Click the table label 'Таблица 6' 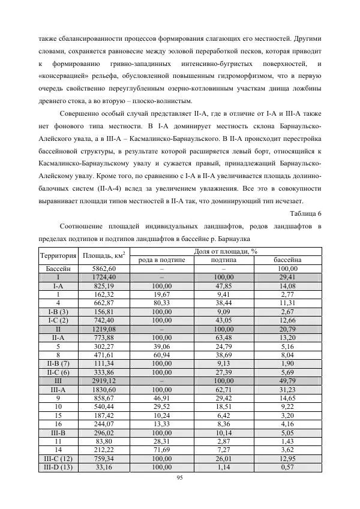305,213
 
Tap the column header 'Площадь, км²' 103,255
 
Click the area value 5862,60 103,269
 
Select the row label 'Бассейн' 58,269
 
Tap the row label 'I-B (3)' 58,312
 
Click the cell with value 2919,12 103,380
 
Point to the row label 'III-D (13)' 58,466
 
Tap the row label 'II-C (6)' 58,372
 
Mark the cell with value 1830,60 103,389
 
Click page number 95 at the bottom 180,478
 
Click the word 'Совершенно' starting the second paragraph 82,113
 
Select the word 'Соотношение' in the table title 84,226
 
